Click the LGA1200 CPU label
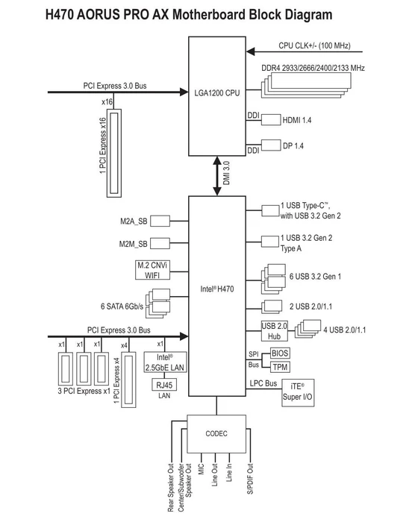pyautogui.click(x=217, y=93)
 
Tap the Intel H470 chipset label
pyautogui.click(x=217, y=289)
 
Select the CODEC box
pyautogui.click(x=216, y=434)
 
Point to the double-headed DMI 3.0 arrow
pyautogui.click(x=217, y=176)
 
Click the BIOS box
pyautogui.click(x=280, y=353)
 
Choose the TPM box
pyautogui.click(x=280, y=367)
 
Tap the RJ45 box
pyautogui.click(x=164, y=385)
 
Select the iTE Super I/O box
pyautogui.click(x=298, y=392)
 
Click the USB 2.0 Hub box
pyautogui.click(x=274, y=331)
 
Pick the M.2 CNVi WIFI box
pyautogui.click(x=152, y=270)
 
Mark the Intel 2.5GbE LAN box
pyautogui.click(x=165, y=362)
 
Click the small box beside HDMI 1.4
pyautogui.click(x=271, y=120)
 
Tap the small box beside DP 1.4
pyautogui.click(x=271, y=145)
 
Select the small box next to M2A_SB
pyautogui.click(x=160, y=221)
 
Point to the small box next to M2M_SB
pyautogui.click(x=160, y=243)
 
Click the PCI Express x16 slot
pyautogui.click(x=114, y=153)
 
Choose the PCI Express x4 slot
pyautogui.click(x=128, y=380)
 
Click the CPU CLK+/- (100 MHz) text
pyautogui.click(x=314, y=45)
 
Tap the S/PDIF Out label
pyautogui.click(x=250, y=479)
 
